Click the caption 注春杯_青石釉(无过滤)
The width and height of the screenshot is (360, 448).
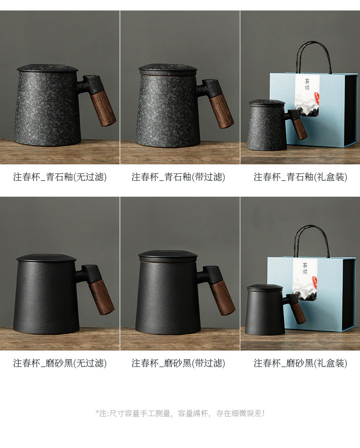pos(60,177)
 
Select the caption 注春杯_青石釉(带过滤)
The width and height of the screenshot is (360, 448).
pos(178,177)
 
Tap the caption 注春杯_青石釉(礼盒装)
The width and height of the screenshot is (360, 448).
pos(300,177)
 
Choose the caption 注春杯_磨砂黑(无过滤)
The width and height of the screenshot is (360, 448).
pos(60,363)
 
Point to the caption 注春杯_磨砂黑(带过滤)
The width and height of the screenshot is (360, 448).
pos(178,363)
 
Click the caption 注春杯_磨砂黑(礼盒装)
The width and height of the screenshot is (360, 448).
pos(300,363)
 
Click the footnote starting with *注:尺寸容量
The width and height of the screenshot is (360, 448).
pos(180,413)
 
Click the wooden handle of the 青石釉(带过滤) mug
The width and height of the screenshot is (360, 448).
pos(221,112)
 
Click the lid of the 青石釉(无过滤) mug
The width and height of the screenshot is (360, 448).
pos(47,68)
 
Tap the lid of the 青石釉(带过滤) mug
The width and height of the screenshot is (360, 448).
pos(168,69)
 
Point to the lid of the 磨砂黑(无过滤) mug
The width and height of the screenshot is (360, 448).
pos(46,257)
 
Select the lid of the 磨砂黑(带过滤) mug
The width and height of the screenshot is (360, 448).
pos(168,257)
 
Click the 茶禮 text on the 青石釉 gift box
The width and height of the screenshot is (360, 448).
pos(307,84)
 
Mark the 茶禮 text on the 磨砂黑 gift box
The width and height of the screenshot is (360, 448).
pos(305,268)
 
